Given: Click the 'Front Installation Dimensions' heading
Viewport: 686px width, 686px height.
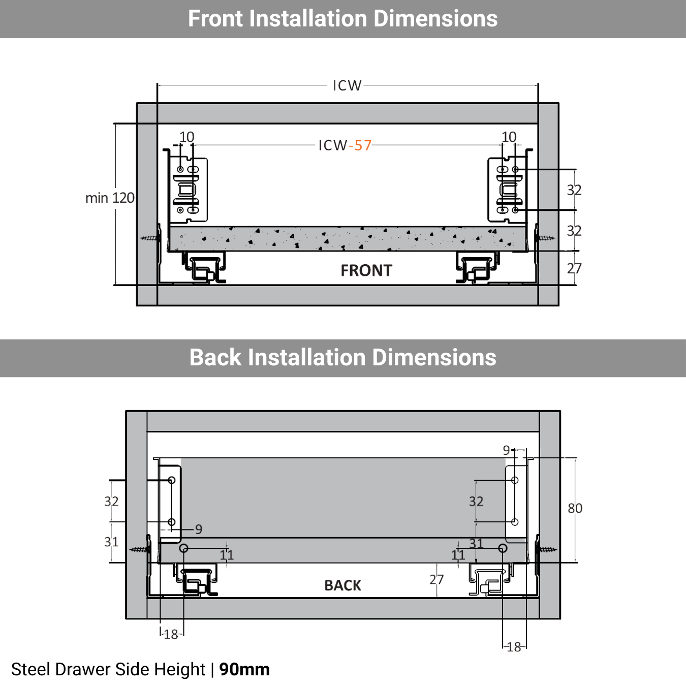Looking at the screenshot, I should pos(342,19).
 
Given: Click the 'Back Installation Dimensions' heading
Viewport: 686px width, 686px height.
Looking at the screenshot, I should pos(342,357).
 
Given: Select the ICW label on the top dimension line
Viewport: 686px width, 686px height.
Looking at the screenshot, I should pos(347,85).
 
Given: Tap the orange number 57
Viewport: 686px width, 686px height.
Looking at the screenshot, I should pos(363,146).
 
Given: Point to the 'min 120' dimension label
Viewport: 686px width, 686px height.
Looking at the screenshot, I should pos(110,198).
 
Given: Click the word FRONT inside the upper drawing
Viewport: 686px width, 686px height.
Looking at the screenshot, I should pos(366,270).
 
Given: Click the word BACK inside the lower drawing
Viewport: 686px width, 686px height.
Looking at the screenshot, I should pos(342,585).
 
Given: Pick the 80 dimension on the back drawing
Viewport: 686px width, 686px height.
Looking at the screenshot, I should pos(575,508).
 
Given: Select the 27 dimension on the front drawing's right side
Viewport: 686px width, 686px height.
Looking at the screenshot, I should pos(574,268).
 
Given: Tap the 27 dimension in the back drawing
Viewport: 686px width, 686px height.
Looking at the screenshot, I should pos(436,579).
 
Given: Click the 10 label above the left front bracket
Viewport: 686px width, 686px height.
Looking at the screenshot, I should pos(186,137).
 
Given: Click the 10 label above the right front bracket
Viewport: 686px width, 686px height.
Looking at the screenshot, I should pos(509,137).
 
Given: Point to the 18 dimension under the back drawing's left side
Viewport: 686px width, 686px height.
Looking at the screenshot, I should pos(171,634).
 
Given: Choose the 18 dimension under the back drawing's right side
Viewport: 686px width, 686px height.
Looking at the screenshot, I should pos(514,647).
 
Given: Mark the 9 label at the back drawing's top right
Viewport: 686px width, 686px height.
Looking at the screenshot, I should pos(506,450).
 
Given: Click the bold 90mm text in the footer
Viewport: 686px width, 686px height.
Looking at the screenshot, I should pos(244,669).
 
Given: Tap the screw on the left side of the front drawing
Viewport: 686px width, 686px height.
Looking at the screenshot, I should pos(150,238).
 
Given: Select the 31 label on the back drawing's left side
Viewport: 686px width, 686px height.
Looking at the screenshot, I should pos(111,542).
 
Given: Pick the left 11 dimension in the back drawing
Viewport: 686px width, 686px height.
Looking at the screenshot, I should pos(227,555).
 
